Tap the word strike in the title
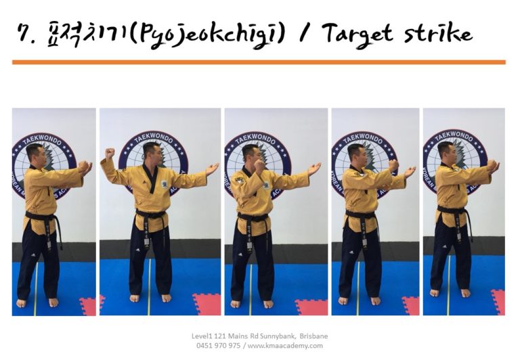click(439, 32)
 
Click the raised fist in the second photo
click(110, 154)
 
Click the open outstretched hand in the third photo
click(313, 166)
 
